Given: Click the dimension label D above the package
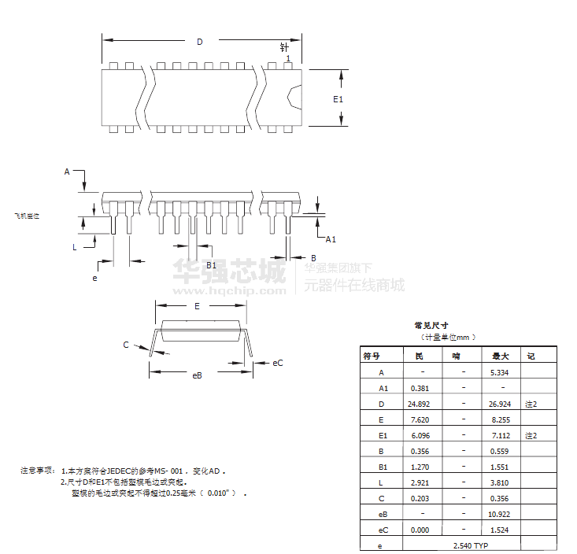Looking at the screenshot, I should [x=200, y=42].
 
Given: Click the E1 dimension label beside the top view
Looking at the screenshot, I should [x=338, y=99].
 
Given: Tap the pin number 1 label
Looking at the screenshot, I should [x=289, y=59].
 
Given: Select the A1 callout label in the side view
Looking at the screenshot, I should [x=331, y=239].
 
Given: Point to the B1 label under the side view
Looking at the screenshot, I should [x=211, y=266].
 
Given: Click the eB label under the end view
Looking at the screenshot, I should [x=198, y=375].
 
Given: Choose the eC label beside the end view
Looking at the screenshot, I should [x=278, y=363].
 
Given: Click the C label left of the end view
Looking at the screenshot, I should [x=125, y=345].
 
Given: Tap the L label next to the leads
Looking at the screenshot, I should [x=75, y=247].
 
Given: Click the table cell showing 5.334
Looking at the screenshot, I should [x=500, y=372].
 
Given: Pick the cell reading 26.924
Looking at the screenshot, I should [x=500, y=404].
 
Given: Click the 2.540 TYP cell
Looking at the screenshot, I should [x=471, y=545].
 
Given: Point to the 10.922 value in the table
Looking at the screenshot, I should [x=500, y=514].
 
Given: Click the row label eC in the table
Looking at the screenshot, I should [x=383, y=530].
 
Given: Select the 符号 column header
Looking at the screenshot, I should [x=372, y=356].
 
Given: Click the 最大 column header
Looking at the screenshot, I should [x=500, y=356].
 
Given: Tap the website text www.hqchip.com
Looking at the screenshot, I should [x=228, y=290].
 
